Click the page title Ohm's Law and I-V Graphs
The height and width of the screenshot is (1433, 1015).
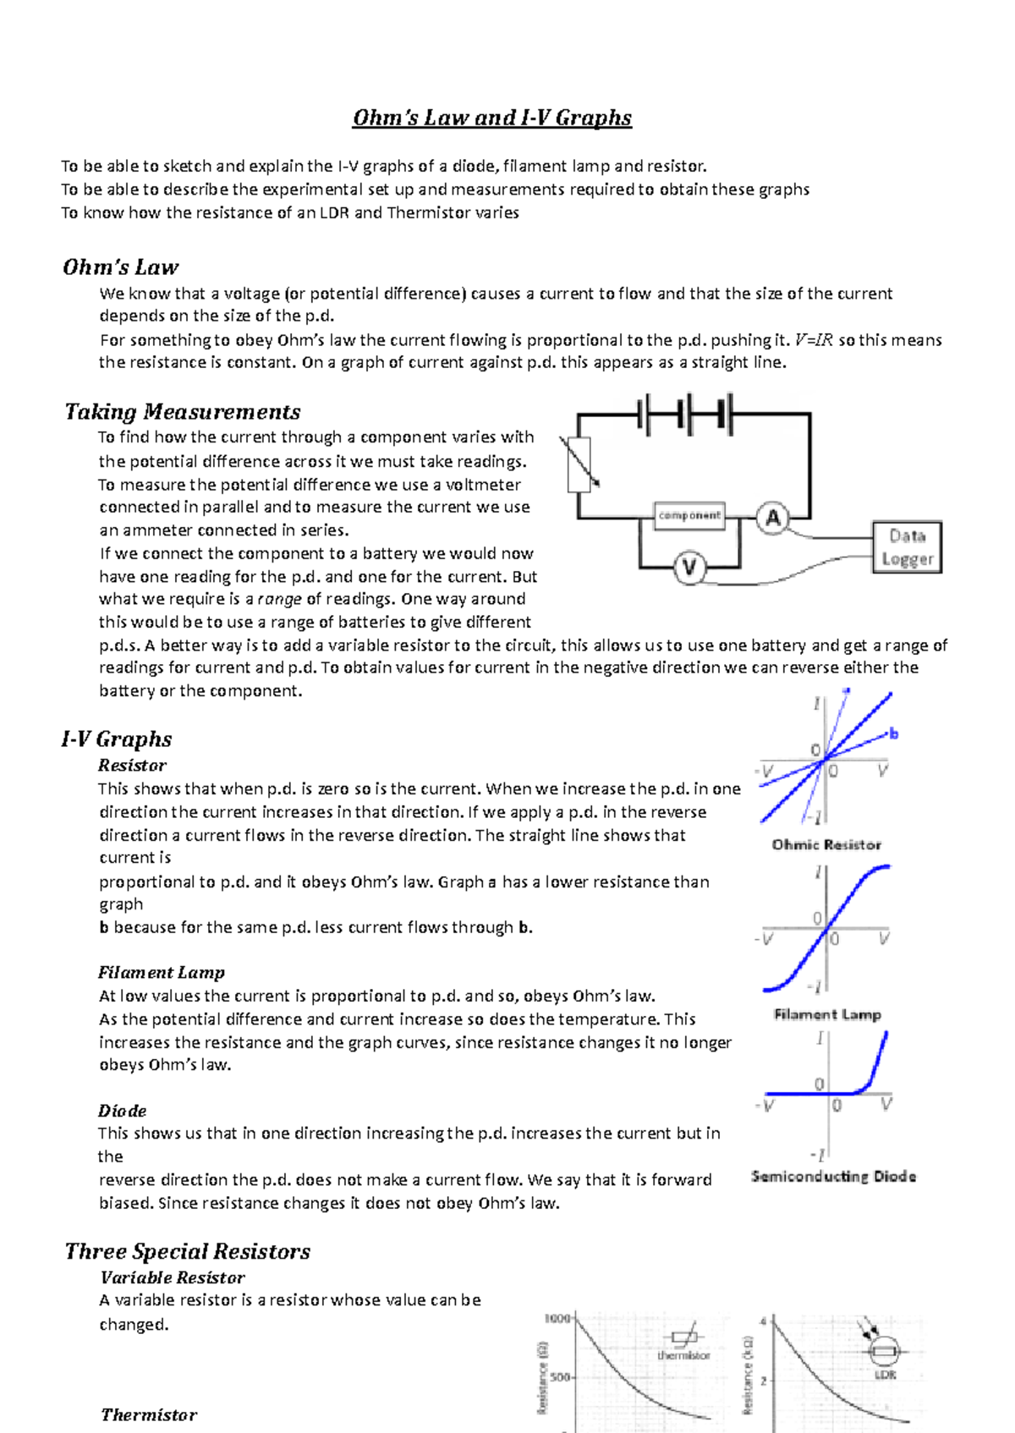pyautogui.click(x=491, y=118)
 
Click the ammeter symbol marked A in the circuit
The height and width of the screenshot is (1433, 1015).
pyautogui.click(x=772, y=518)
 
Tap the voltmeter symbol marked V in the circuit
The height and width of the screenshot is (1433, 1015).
pyautogui.click(x=689, y=567)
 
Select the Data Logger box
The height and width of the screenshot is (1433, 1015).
pyautogui.click(x=907, y=547)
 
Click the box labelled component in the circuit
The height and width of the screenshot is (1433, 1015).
pyautogui.click(x=689, y=515)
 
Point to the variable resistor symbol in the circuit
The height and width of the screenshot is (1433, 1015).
pyautogui.click(x=579, y=464)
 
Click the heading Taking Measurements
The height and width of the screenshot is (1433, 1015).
pyautogui.click(x=183, y=412)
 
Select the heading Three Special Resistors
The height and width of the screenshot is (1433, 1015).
pyautogui.click(x=188, y=1251)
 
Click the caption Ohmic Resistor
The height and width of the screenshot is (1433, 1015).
pyautogui.click(x=826, y=844)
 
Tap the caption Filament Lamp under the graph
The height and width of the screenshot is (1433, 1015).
pyautogui.click(x=827, y=1014)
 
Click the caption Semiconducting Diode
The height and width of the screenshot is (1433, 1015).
pyautogui.click(x=833, y=1176)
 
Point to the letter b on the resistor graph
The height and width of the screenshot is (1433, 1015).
pyautogui.click(x=893, y=733)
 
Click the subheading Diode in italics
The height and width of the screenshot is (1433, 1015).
pyautogui.click(x=122, y=1111)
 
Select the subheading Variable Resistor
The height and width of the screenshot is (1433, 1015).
pyautogui.click(x=173, y=1277)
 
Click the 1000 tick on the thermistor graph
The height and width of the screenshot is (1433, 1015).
pyautogui.click(x=557, y=1318)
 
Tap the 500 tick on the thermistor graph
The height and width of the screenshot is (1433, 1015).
pyautogui.click(x=560, y=1376)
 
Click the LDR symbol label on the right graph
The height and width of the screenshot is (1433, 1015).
pyautogui.click(x=885, y=1375)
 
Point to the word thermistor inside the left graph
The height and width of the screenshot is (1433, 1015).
pyautogui.click(x=683, y=1355)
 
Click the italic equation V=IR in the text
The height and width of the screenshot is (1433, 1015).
pyautogui.click(x=814, y=340)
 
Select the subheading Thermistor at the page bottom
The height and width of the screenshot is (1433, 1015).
pyautogui.click(x=149, y=1414)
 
